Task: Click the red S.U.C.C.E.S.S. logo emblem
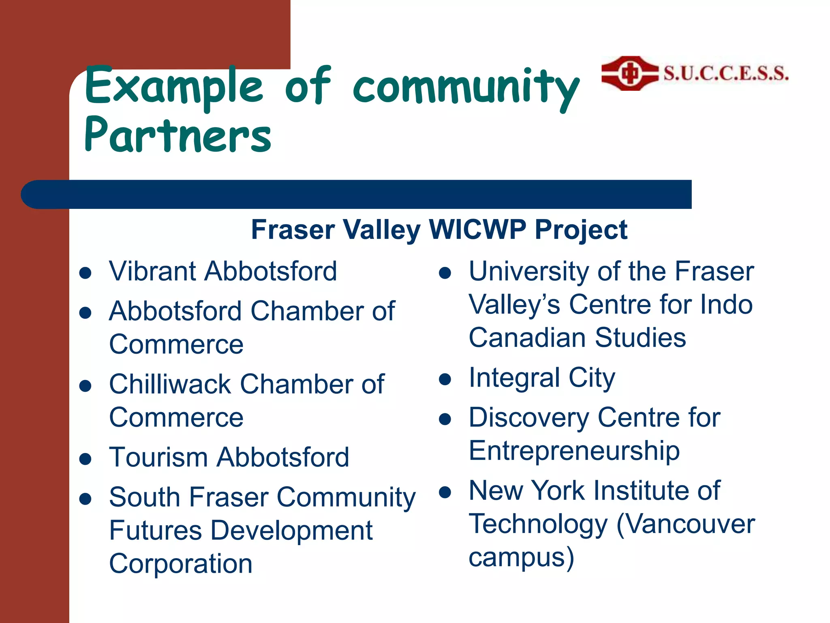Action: click(629, 73)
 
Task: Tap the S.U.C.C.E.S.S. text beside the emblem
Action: click(726, 73)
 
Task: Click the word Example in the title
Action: click(174, 86)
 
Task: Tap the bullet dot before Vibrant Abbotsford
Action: click(85, 273)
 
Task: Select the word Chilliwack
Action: click(170, 384)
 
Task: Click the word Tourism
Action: click(158, 457)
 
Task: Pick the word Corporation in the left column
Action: click(181, 564)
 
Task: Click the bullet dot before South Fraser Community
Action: click(85, 499)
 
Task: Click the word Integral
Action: click(514, 378)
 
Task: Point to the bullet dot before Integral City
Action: click(445, 379)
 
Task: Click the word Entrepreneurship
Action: click(574, 451)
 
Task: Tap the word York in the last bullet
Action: click(558, 490)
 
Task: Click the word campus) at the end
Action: click(521, 558)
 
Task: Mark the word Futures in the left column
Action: click(155, 531)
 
